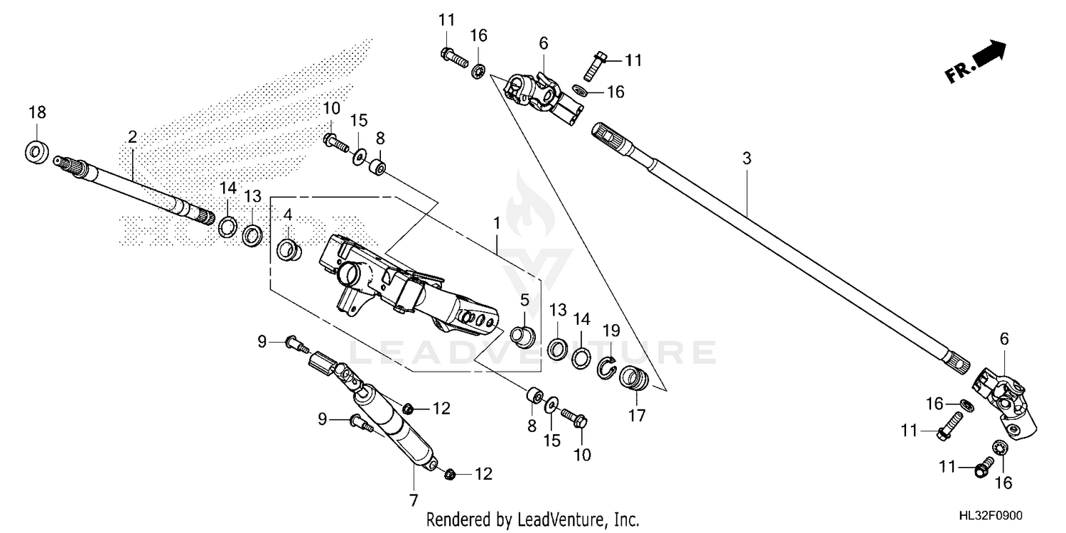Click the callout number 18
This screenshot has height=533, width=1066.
click(37, 112)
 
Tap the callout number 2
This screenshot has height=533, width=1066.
click(132, 137)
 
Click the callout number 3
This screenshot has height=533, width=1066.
click(746, 158)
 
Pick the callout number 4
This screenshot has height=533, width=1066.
click(289, 214)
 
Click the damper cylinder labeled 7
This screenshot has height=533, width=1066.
click(398, 430)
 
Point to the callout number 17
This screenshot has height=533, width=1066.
click(637, 416)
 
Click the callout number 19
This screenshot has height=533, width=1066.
click(610, 330)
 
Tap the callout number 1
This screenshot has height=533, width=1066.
click(497, 223)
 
